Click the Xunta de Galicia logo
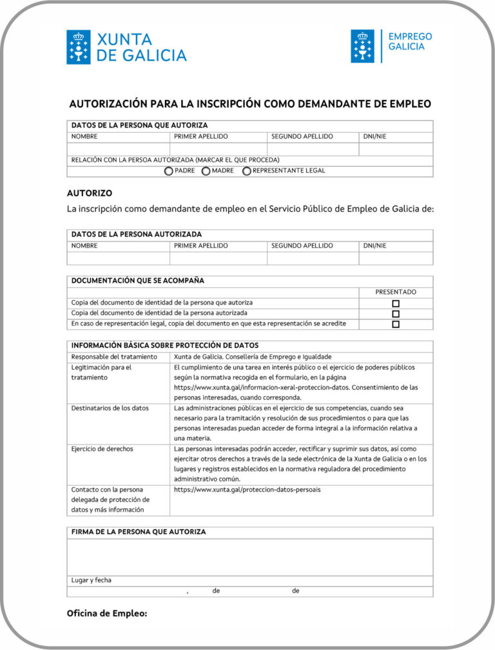126,47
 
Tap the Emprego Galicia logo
391,46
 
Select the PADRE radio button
169,171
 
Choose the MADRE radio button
206,171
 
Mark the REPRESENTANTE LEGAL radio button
247,171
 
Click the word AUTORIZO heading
90,193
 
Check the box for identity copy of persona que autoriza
396,303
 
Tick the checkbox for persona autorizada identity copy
396,314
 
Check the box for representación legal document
396,324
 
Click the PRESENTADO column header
396,292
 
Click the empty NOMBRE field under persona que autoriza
119,149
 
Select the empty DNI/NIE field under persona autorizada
396,258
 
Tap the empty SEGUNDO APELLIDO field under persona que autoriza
313,149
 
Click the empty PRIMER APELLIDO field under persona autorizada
218,258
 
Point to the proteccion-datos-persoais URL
247,490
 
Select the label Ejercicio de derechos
102,449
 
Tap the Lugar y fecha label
91,580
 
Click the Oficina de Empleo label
107,613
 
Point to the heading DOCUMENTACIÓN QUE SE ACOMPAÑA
138,281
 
